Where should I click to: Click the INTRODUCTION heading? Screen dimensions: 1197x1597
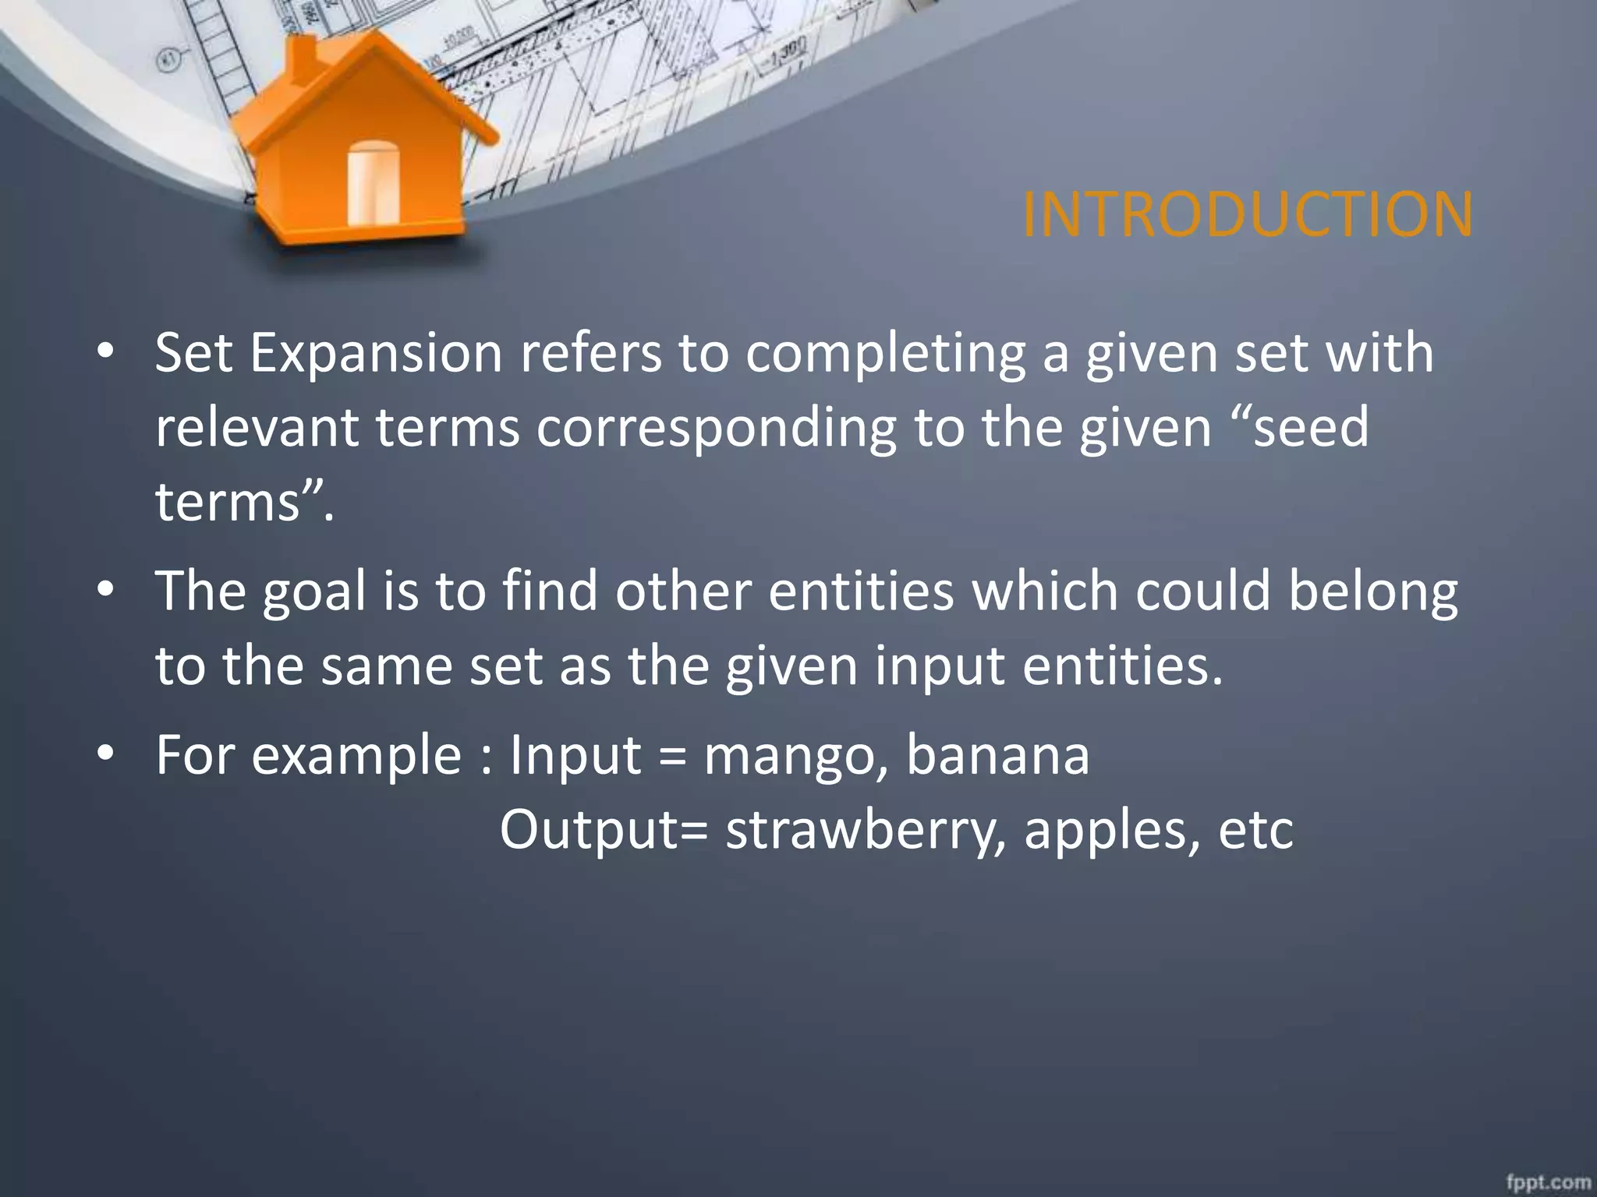pos(1247,214)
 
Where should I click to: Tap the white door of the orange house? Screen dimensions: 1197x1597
pos(373,184)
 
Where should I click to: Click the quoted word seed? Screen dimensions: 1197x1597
pos(1310,427)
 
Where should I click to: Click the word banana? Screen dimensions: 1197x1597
pos(998,756)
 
